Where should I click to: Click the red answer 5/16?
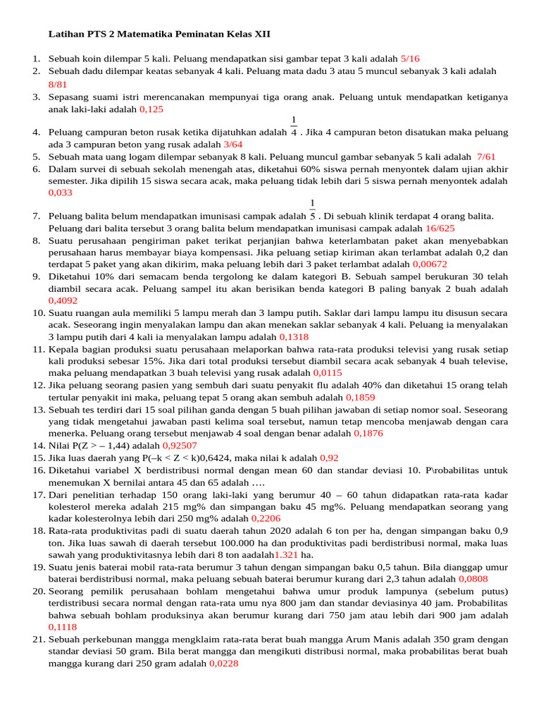point(409,59)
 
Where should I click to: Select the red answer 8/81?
point(57,84)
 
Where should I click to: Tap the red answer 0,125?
point(151,109)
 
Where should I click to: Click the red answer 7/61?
point(486,157)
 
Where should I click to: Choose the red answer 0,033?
point(60,192)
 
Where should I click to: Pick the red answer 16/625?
point(440,228)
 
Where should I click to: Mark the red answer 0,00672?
point(430,264)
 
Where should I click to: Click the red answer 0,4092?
point(63,300)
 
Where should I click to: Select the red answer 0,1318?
point(294,337)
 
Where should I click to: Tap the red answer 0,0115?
point(328,372)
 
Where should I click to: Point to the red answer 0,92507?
point(180,446)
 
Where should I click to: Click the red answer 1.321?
point(287,555)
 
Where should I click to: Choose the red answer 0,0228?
point(223,663)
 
